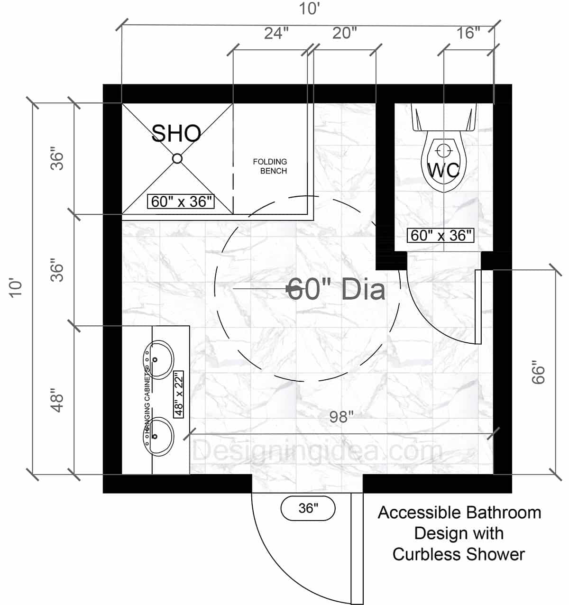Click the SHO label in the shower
[x=176, y=134]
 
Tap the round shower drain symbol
[x=177, y=158]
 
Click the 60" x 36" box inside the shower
[x=181, y=202]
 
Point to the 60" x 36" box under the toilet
[x=441, y=236]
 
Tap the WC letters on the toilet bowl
[x=443, y=170]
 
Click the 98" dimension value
[x=341, y=417]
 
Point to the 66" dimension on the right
[x=538, y=373]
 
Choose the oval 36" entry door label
[x=308, y=508]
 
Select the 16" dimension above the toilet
[x=468, y=33]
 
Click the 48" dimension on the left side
[x=57, y=401]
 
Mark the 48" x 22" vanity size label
[x=179, y=394]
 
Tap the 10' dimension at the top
[x=309, y=9]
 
